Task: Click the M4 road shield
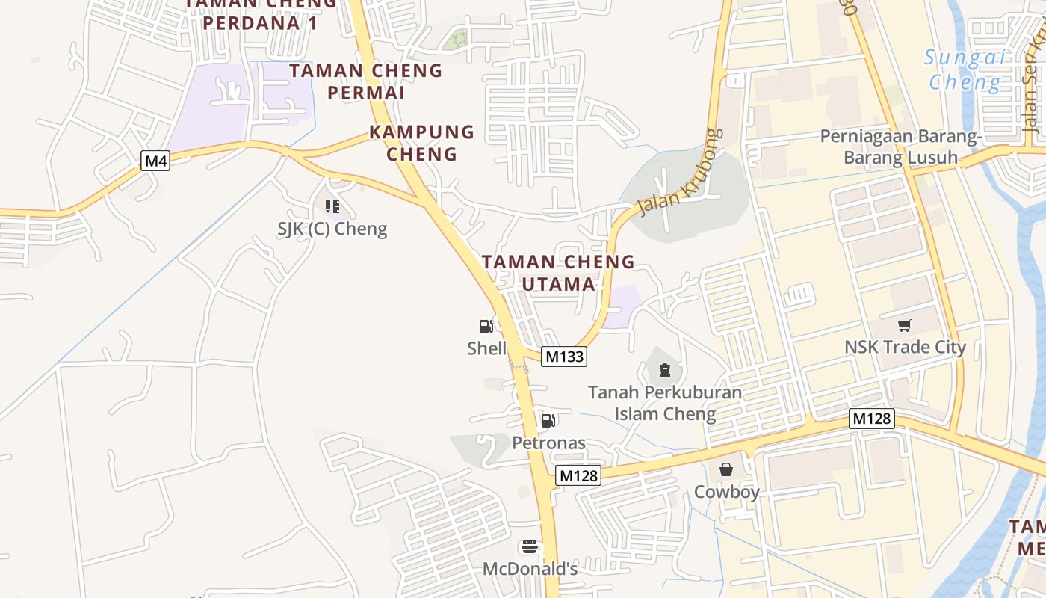pos(156,161)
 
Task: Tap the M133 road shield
pos(564,357)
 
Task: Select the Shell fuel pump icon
pos(486,327)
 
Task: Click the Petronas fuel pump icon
pos(548,421)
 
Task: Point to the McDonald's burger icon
pos(530,547)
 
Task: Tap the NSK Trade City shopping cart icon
pos(905,325)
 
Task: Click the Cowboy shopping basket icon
pos(725,469)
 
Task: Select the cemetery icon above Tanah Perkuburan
pos(663,369)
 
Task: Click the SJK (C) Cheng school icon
pos(332,206)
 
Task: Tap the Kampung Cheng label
pos(422,143)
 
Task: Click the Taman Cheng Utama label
pos(558,273)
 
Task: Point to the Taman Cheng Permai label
pos(366,81)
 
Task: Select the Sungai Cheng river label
pos(964,70)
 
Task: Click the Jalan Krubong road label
pos(682,170)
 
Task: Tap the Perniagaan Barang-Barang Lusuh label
pos(900,147)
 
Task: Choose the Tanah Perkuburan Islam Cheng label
pos(665,403)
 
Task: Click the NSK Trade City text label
pos(905,347)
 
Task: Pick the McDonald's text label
pos(530,569)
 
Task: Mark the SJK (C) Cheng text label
pos(332,229)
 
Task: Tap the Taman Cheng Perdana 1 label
pos(261,13)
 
